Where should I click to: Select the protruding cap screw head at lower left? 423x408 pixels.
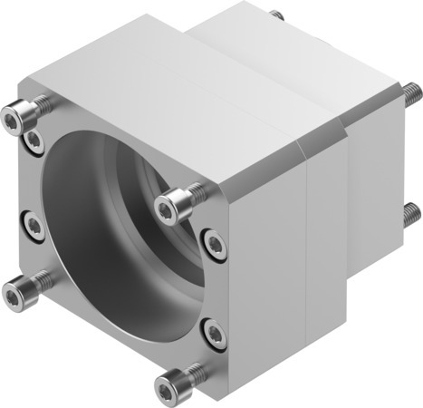(14, 290)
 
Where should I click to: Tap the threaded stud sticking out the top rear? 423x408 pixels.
(276, 15)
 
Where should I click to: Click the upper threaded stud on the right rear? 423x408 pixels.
(411, 91)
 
